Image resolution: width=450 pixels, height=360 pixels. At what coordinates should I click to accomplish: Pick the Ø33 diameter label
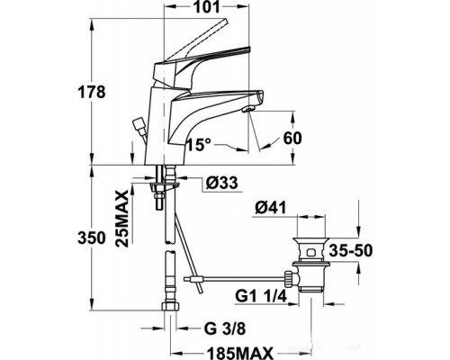(x=220, y=184)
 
